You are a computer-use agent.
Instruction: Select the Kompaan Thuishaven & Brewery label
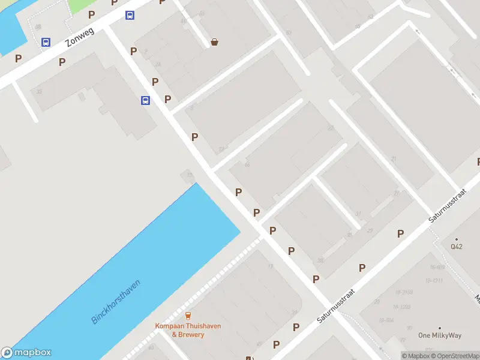[x=188, y=330]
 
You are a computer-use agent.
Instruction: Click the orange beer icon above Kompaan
[x=188, y=316]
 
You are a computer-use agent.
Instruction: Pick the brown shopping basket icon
[x=214, y=42]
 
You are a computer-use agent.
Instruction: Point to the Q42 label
[x=457, y=246]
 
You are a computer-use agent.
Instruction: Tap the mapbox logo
[x=26, y=353]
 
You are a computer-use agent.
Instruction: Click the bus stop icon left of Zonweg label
[x=46, y=42]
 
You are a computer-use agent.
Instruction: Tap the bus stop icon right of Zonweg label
[x=130, y=15]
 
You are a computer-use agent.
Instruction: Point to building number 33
[x=39, y=91]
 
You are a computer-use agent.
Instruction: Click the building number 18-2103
[x=403, y=292]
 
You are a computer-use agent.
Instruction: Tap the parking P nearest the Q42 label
[x=400, y=234]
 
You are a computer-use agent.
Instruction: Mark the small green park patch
[x=78, y=5]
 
